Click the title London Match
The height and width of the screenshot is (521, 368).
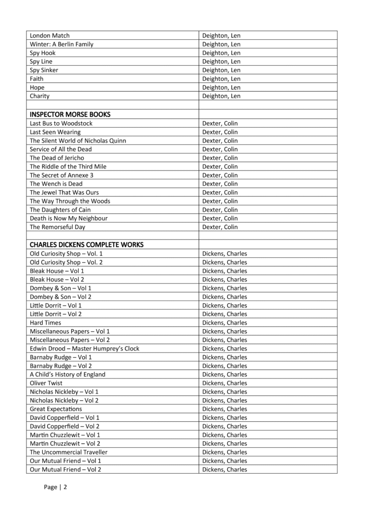(x=50, y=36)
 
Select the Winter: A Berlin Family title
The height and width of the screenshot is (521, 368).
(x=62, y=44)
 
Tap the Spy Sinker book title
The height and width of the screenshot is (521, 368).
(x=44, y=70)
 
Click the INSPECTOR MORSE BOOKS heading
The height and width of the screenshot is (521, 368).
(x=70, y=114)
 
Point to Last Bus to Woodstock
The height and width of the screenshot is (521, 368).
(x=61, y=123)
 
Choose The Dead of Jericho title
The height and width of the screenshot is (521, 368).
(x=57, y=158)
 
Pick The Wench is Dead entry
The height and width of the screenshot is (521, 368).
(x=56, y=184)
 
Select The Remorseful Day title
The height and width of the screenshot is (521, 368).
(x=58, y=227)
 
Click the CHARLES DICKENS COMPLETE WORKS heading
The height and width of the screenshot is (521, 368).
(x=86, y=245)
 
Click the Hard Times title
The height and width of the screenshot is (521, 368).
(x=45, y=323)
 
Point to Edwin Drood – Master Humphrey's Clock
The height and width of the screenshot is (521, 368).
(x=84, y=349)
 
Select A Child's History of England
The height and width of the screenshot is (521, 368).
(x=68, y=374)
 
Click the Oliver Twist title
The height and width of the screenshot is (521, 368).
(x=46, y=383)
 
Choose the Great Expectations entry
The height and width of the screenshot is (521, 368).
(x=55, y=409)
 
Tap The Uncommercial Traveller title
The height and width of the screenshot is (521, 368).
(x=69, y=452)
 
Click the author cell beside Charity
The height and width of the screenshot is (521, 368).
(x=221, y=96)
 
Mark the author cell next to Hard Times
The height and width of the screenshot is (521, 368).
(x=224, y=323)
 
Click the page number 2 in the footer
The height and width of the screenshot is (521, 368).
(x=65, y=487)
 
